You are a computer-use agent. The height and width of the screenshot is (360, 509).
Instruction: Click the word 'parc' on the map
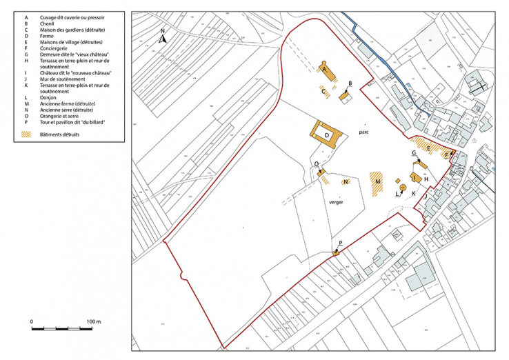coord(365,130)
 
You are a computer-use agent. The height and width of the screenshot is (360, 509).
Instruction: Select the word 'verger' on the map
coord(336,203)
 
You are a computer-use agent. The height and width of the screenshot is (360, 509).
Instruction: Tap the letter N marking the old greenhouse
coord(347,181)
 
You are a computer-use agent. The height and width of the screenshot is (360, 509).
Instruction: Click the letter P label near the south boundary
coord(340,243)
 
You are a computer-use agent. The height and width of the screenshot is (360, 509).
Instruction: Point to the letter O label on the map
coord(317,164)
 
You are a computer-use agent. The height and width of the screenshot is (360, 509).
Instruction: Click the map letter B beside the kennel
coord(350,83)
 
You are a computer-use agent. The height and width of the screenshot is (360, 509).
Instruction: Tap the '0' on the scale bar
coord(32,321)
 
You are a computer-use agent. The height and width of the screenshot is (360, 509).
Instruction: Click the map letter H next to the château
coord(426,179)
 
